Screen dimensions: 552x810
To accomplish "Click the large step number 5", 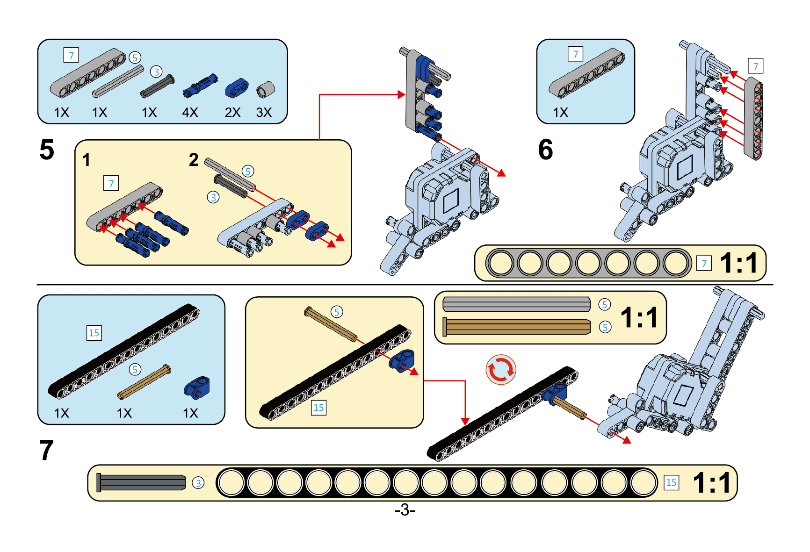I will [x=47, y=150].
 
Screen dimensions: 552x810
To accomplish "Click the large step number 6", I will [x=545, y=150].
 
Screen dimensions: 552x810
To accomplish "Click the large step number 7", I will [x=46, y=451].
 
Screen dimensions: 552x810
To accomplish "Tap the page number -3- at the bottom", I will [x=405, y=509].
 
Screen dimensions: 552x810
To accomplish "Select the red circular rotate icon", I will [x=501, y=370].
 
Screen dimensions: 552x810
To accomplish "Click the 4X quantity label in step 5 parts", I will [x=190, y=113].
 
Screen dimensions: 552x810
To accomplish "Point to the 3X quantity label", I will [x=264, y=113].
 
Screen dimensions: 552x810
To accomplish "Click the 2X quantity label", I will [x=232, y=113].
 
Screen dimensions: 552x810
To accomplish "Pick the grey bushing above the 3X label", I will [x=265, y=89].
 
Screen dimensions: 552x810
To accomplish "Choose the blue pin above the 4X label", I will [x=200, y=86].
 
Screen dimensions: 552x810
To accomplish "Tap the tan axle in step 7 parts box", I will [x=144, y=382].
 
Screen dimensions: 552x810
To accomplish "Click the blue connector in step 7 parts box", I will [x=197, y=387].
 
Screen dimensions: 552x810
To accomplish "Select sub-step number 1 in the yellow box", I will [x=87, y=160].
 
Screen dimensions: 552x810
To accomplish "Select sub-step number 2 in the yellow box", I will [x=194, y=160].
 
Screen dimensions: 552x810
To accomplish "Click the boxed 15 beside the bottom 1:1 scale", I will [x=671, y=482].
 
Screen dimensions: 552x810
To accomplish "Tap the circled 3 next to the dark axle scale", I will [x=198, y=483].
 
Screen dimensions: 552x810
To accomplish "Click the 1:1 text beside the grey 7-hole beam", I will [x=738, y=263].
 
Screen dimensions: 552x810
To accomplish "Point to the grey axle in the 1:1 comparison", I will [x=516, y=304].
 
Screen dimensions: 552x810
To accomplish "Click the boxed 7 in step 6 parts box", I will [x=575, y=54].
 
